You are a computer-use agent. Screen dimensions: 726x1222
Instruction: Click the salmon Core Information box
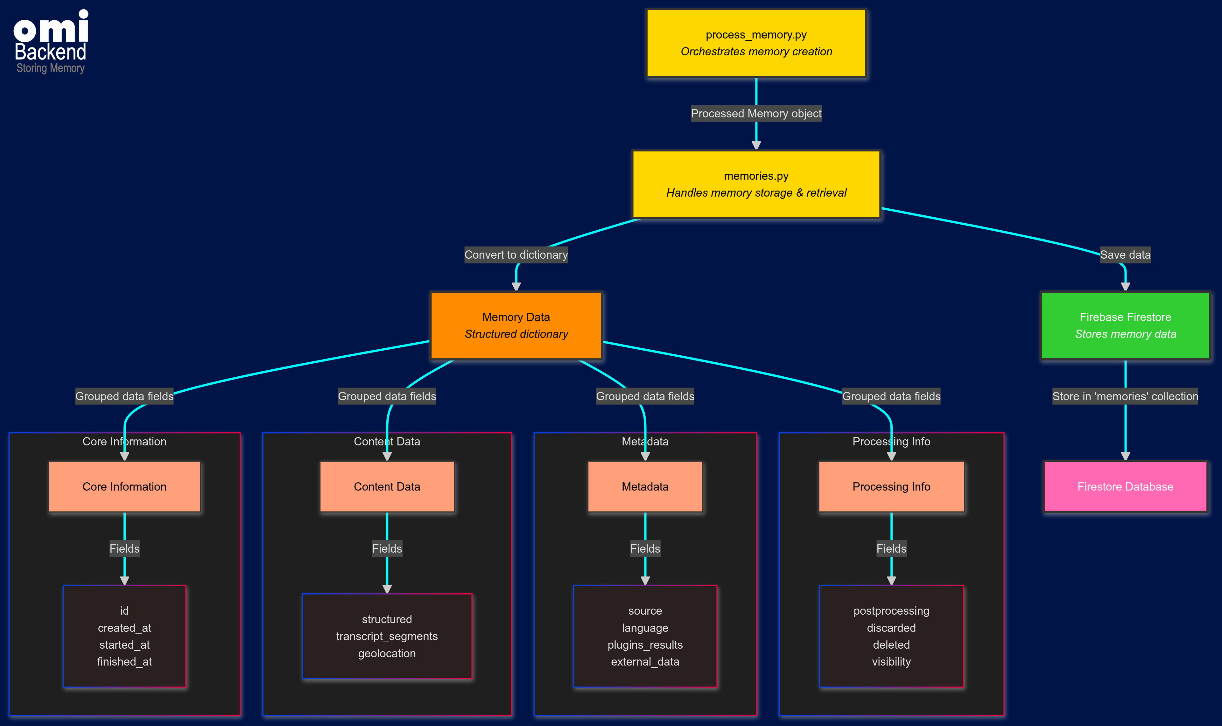click(124, 486)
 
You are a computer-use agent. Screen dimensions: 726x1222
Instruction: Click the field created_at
click(124, 628)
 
